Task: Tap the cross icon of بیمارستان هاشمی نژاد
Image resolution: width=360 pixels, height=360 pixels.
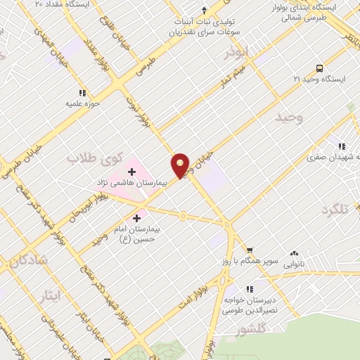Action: coord(131,171)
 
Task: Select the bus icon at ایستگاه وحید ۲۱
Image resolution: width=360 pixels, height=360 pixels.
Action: coord(319,69)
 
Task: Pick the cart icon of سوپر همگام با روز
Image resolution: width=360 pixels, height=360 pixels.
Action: coord(249,250)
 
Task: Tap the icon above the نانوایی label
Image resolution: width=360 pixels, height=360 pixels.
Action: coord(294,253)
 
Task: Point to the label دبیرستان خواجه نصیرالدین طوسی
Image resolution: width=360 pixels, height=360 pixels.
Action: coord(270,295)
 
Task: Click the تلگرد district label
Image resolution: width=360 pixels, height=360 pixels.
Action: coord(335,210)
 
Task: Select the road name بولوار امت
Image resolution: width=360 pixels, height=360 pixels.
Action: coord(195,296)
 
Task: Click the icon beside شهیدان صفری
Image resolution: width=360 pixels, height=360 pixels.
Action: coord(341,146)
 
